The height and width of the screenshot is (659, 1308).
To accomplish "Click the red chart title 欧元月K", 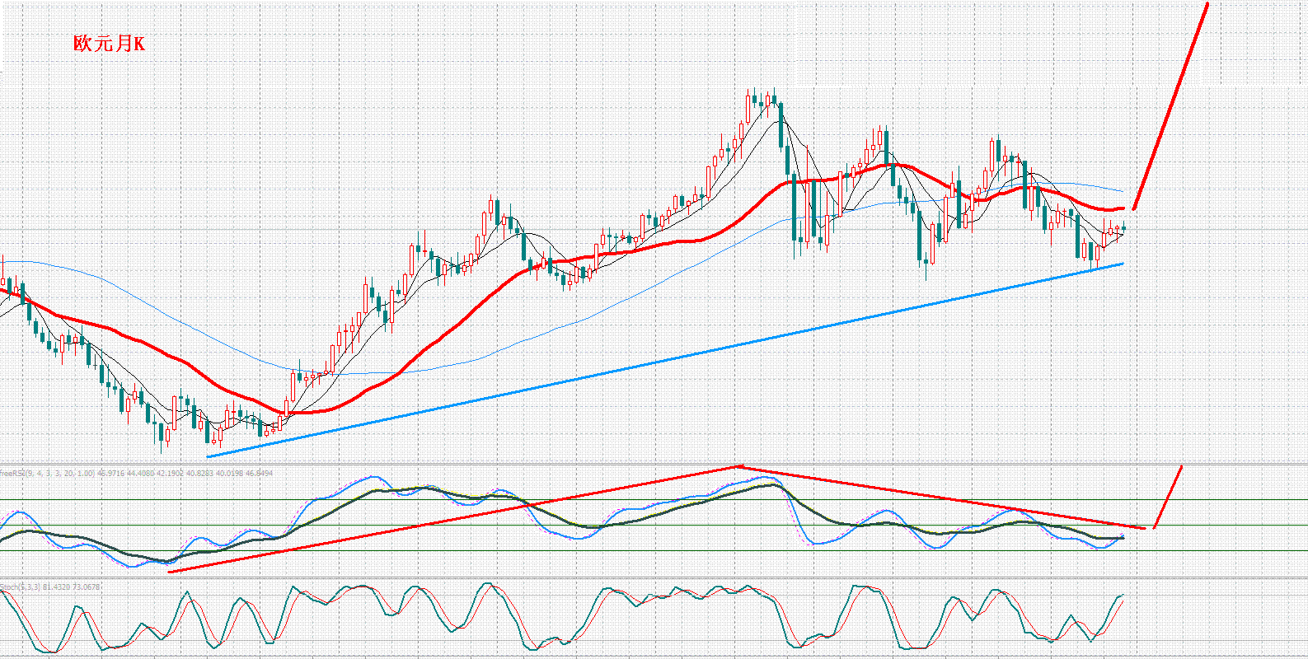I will click(109, 44).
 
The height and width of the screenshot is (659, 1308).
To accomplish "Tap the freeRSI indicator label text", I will click(12, 474).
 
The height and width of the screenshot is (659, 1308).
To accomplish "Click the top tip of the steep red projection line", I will click(1207, 4).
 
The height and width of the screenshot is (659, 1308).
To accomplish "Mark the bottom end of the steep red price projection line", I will click(1134, 208).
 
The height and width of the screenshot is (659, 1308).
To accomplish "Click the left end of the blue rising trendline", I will click(208, 456).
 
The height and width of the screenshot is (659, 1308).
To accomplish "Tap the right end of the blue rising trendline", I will click(1123, 264).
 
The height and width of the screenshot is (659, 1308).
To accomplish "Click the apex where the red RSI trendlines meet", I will click(738, 466).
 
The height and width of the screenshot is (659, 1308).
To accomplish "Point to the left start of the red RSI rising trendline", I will click(168, 572).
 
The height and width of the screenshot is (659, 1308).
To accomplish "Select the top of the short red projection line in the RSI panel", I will click(1182, 467).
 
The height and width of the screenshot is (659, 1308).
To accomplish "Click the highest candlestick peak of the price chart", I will click(751, 89).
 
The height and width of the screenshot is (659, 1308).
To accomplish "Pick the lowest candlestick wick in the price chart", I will click(162, 452).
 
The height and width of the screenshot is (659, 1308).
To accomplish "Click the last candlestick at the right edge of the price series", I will click(1123, 229).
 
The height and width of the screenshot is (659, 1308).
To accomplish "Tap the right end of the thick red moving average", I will click(1123, 208).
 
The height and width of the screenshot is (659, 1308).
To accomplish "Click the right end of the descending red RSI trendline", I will click(1144, 527).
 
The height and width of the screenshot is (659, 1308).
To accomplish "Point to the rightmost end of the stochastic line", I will click(1123, 595).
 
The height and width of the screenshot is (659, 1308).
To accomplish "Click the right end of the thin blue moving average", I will click(1123, 191).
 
